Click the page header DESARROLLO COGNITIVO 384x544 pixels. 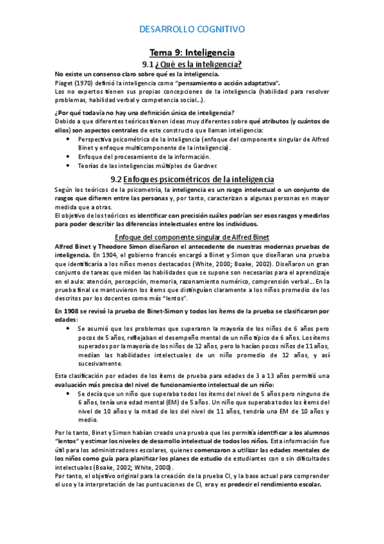pos(192,29)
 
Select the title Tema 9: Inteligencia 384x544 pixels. pos(192,52)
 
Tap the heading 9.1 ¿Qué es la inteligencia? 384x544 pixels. pos(192,64)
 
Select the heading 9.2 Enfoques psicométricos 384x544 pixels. pos(192,179)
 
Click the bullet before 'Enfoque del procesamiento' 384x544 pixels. pos(69,156)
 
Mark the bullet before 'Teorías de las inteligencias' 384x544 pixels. pos(69,165)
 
